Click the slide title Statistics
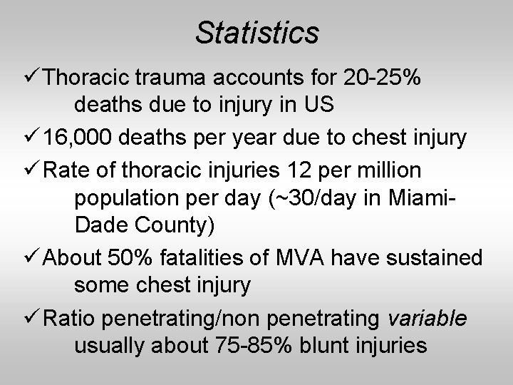pyautogui.click(x=257, y=31)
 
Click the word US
pyautogui.click(x=317, y=106)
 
